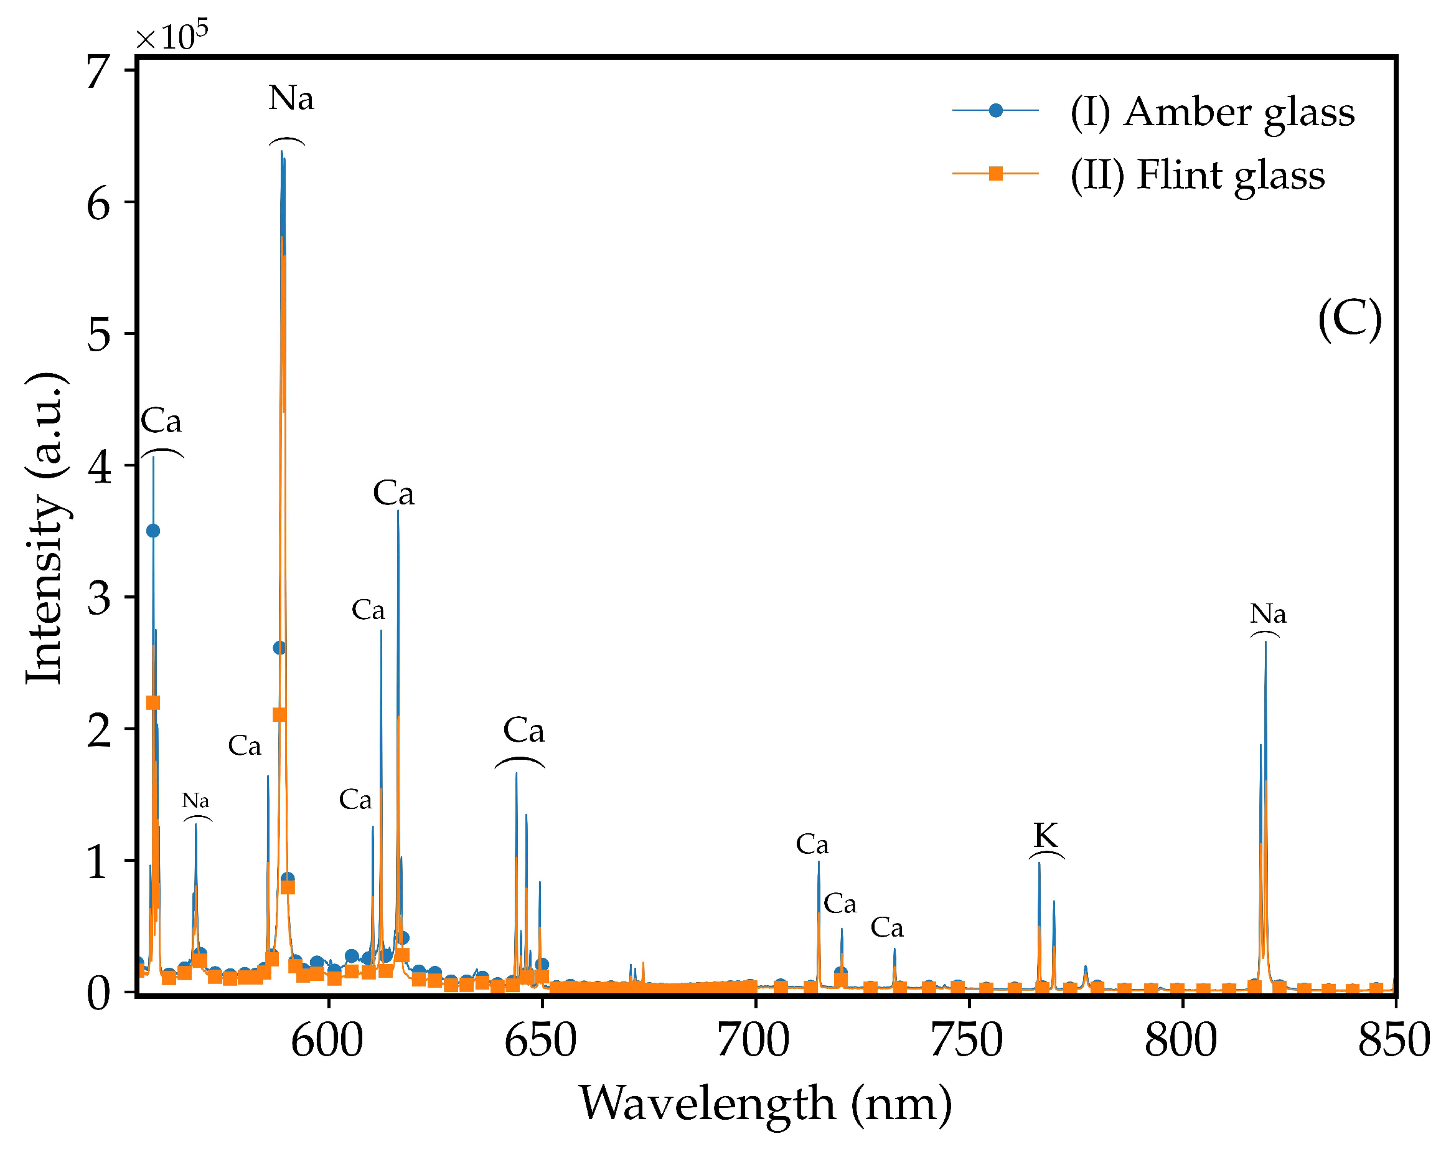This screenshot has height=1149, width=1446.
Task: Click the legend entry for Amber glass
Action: [x=1211, y=111]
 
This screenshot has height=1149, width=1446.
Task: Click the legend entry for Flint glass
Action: [x=1196, y=175]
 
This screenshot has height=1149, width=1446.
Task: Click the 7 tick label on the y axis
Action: [x=98, y=71]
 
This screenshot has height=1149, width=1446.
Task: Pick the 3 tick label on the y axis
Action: [x=98, y=598]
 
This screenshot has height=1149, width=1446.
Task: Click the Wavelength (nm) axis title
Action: [x=765, y=1104]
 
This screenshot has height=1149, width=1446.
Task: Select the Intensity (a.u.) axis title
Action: [x=45, y=527]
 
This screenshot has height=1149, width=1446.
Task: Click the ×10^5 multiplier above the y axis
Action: [x=172, y=36]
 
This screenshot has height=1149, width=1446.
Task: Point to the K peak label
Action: [x=1046, y=836]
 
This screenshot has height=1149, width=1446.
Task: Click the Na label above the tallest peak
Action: [x=291, y=98]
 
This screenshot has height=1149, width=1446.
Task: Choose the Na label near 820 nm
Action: [x=1267, y=613]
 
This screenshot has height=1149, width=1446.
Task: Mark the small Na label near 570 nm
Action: [x=196, y=801]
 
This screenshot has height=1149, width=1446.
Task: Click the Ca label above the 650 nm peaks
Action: [x=523, y=731]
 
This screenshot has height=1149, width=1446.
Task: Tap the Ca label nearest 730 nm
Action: [x=886, y=928]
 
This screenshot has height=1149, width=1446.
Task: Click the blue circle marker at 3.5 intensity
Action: [x=153, y=531]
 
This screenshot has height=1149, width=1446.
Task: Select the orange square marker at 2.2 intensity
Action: [x=153, y=702]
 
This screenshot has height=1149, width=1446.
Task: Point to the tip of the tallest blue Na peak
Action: [x=282, y=152]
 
